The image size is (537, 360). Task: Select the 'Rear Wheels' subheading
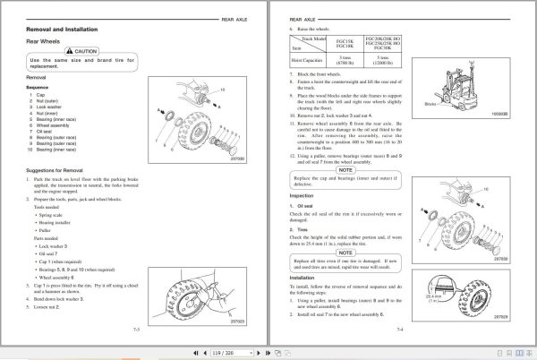[x=45, y=41]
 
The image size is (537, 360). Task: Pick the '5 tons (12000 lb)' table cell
[x=395, y=59]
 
